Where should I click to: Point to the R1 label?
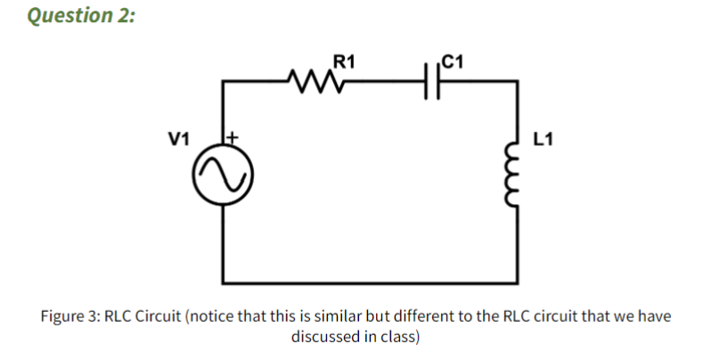click(x=344, y=61)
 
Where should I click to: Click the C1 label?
click(x=452, y=61)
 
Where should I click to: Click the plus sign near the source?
click(x=235, y=138)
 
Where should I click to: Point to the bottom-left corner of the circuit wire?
click(x=223, y=280)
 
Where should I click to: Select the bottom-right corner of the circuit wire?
click(x=518, y=280)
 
